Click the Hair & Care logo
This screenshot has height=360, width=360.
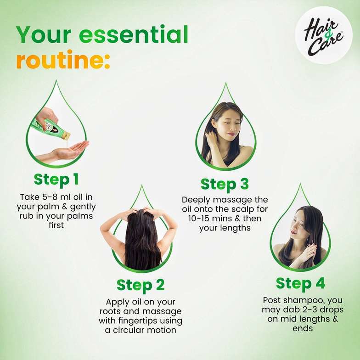point(323,35)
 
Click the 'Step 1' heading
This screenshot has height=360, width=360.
point(56,179)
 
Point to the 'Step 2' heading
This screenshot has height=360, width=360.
point(141,286)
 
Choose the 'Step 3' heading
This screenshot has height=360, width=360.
point(225,185)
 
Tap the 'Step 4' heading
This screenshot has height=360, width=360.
point(300,283)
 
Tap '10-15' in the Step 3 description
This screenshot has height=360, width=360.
point(198,219)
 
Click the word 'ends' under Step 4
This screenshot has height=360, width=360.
point(303,329)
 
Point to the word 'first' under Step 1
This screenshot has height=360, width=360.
point(56,225)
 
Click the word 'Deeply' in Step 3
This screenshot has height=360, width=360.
point(197,200)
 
